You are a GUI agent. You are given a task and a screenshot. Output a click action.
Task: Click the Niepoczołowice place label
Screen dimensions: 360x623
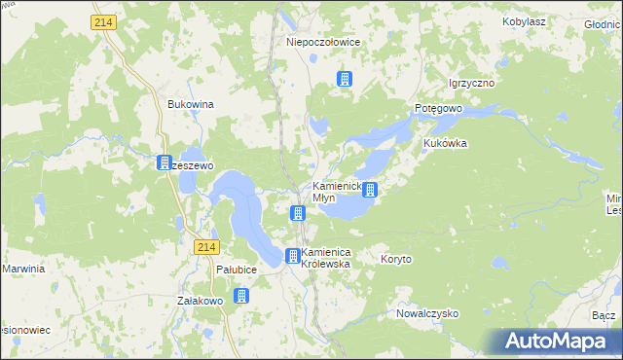coord(323,43)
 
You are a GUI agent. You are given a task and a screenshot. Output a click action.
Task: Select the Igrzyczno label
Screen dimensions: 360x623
coord(471,84)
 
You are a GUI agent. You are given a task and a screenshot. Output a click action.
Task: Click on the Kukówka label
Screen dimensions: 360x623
coord(446,143)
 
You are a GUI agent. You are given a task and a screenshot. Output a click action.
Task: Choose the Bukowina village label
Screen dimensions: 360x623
coord(191,103)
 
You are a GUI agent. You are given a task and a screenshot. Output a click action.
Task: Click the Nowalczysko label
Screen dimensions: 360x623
coord(427,314)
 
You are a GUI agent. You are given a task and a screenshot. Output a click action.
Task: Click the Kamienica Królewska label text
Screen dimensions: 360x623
coord(332,258)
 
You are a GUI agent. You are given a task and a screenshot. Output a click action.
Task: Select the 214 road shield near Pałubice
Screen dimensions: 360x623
coord(204,248)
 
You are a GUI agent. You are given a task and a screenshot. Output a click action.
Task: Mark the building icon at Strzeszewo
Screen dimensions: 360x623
coord(165,163)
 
